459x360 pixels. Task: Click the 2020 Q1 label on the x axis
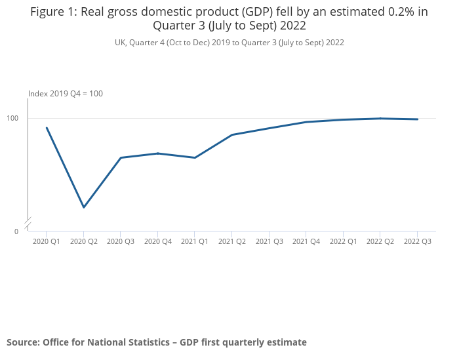pyautogui.click(x=47, y=241)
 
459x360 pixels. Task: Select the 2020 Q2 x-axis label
pyautogui.click(x=83, y=241)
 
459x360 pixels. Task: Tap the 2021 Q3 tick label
pyautogui.click(x=269, y=241)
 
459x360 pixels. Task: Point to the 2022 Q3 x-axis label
pyautogui.click(x=418, y=241)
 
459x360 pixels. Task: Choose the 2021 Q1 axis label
pyautogui.click(x=195, y=241)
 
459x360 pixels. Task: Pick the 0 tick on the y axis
pyautogui.click(x=16, y=231)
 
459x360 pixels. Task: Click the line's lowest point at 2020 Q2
pyautogui.click(x=84, y=207)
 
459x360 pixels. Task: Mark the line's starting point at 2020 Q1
pyautogui.click(x=47, y=128)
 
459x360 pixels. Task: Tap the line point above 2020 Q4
pyautogui.click(x=158, y=153)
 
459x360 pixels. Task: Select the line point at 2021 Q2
pyautogui.click(x=232, y=134)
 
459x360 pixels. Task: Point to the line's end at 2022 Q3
pyautogui.click(x=418, y=119)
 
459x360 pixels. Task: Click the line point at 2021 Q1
pyautogui.click(x=195, y=157)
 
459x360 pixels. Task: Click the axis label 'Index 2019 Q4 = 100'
pyautogui.click(x=66, y=94)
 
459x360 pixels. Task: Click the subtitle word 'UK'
pyautogui.click(x=121, y=42)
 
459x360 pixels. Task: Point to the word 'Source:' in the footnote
pyautogui.click(x=23, y=342)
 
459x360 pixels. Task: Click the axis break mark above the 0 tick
pyautogui.click(x=28, y=224)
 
